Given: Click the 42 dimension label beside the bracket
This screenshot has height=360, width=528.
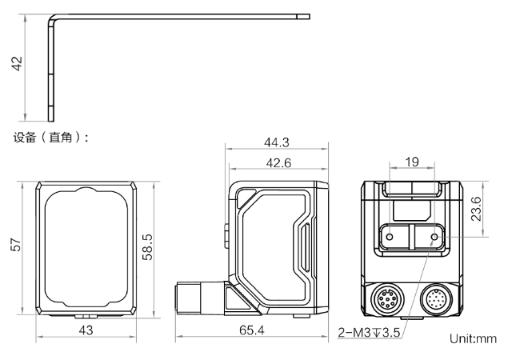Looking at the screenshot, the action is tap(17, 64).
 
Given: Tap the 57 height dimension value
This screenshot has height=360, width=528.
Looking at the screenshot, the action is tap(16, 245).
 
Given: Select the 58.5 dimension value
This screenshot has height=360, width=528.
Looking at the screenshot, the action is tap(147, 247).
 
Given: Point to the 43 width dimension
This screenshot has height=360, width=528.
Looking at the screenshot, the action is tap(86, 330).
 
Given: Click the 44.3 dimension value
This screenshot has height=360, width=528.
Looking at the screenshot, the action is tap(277, 142).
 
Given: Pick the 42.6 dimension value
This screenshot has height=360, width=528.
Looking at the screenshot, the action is tap(278, 163).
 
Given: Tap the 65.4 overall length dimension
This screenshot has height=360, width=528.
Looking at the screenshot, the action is tap(252, 330).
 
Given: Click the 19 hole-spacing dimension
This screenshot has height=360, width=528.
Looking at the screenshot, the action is tap(412, 162).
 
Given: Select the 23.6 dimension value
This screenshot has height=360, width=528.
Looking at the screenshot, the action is tap(476, 209).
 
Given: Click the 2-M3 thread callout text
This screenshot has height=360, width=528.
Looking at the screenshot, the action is tap(369, 333).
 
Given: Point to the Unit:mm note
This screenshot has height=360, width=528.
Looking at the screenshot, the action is tap(473, 338).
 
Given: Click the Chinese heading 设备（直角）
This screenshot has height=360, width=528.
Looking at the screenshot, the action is tap(50, 138).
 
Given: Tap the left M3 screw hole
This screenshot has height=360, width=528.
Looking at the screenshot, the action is tap(390, 237).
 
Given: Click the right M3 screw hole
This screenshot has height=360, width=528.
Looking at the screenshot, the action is tap(434, 237).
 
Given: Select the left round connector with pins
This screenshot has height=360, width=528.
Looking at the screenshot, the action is tap(387, 298).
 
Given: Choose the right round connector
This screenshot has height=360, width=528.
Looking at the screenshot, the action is tap(437, 298).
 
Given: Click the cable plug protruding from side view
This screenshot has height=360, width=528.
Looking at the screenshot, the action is tap(199, 298).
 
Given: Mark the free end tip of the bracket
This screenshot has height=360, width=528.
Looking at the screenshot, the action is tap(309, 17).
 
